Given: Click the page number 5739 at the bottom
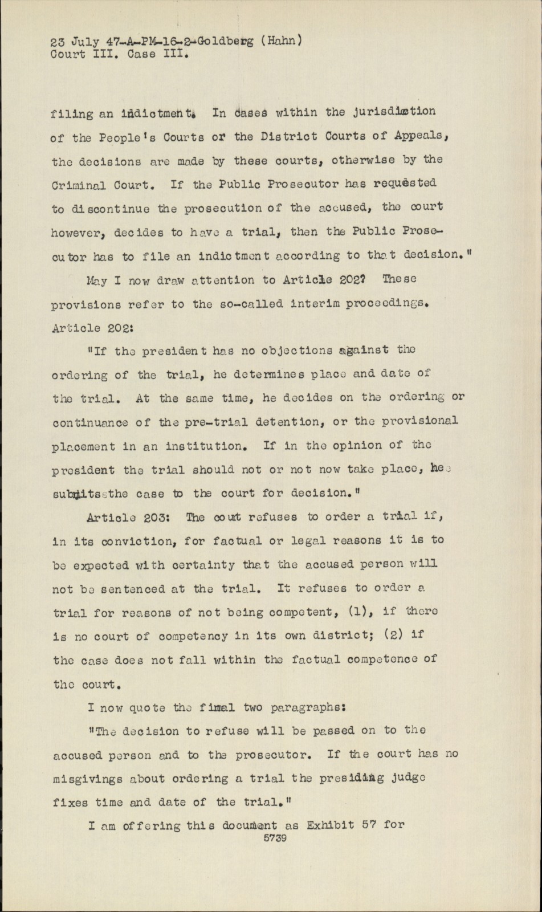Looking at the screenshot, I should coord(275,838).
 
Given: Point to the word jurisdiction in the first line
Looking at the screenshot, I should coord(395,112).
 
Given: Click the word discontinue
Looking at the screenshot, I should coord(101,209).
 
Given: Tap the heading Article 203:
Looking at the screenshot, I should coord(128,518).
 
